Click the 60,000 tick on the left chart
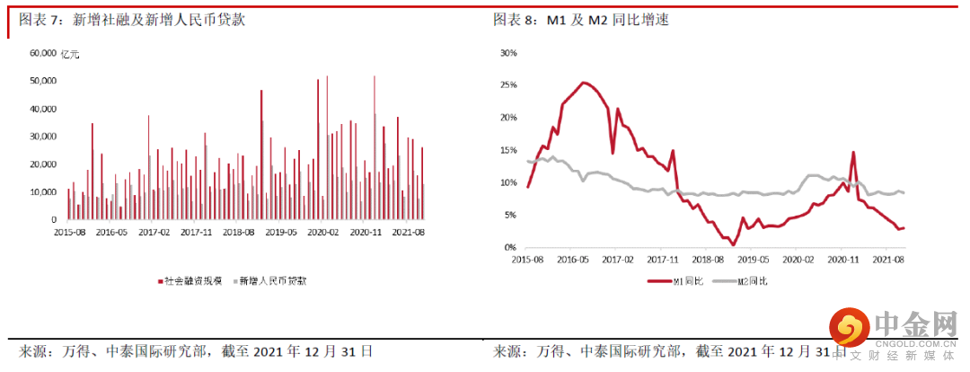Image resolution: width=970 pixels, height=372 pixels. (x=44, y=53)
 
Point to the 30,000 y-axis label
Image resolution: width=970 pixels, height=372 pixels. (x=44, y=137)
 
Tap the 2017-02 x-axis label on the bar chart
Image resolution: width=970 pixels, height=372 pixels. (x=154, y=232)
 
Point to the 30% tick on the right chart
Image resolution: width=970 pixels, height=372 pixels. (x=507, y=53)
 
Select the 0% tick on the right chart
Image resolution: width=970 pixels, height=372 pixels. (x=510, y=247)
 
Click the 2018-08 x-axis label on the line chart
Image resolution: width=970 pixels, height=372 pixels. (x=709, y=259)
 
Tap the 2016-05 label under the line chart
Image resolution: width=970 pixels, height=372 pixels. (x=571, y=259)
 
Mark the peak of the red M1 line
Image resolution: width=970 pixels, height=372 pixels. (x=584, y=83)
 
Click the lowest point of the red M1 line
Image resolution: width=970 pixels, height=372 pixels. (x=734, y=244)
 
